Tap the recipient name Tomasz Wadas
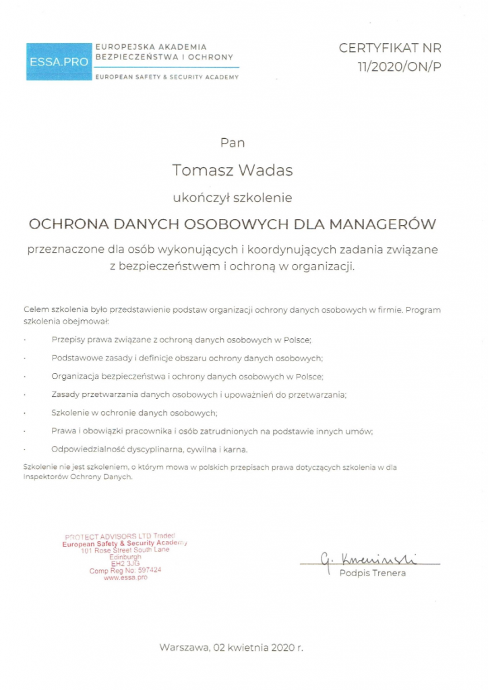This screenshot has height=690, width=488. click(233, 170)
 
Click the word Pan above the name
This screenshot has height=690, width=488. click(233, 143)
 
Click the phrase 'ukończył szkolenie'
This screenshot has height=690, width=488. click(233, 198)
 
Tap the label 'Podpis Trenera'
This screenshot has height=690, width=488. click(373, 573)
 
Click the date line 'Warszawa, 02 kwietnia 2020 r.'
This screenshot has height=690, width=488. click(231, 648)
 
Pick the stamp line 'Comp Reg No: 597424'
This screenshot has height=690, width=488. click(125, 571)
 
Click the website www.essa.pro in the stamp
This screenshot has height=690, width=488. click(125, 578)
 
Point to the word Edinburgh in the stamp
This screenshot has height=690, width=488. click(125, 557)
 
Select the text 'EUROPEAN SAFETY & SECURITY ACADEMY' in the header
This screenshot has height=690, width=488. click(167, 77)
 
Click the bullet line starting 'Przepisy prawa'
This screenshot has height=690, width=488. click(181, 340)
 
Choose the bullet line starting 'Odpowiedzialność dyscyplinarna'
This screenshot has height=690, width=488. click(150, 448)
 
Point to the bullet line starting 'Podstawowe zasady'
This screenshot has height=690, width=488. click(187, 357)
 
